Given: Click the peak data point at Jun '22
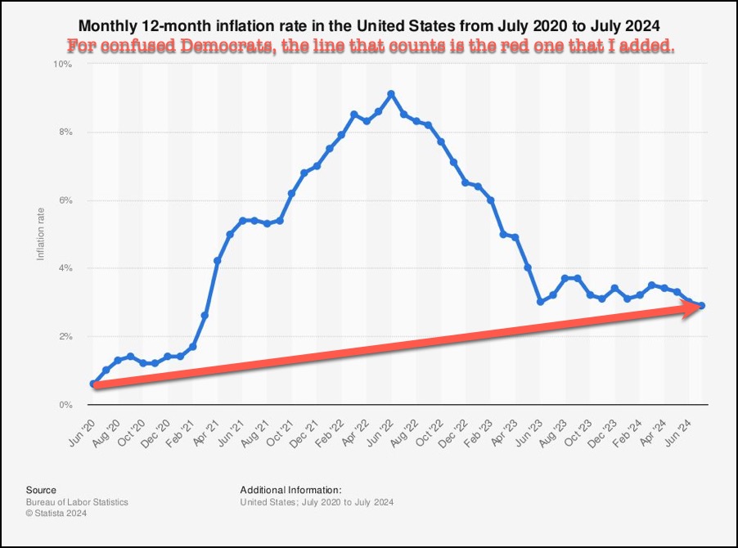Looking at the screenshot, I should tap(391, 94).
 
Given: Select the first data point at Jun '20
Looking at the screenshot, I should tap(93, 384).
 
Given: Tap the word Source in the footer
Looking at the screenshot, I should tap(41, 489).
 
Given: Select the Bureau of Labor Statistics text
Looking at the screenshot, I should tap(77, 501).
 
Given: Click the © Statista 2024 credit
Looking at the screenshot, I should tap(56, 513).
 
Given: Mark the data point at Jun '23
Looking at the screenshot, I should tap(540, 302).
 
